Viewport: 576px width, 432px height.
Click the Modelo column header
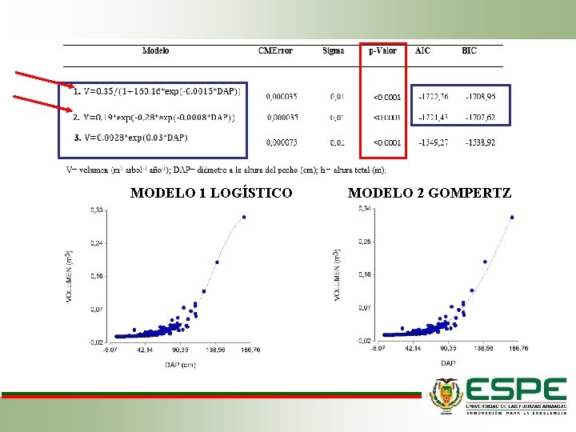click(x=155, y=51)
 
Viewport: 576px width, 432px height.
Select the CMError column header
click(x=274, y=51)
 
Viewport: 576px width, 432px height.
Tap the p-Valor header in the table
click(x=383, y=51)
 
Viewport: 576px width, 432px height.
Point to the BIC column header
click(x=469, y=51)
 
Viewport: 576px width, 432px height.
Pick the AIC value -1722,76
click(x=433, y=97)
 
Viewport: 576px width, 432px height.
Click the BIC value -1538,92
click(x=480, y=143)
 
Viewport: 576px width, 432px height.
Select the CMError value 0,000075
click(x=282, y=143)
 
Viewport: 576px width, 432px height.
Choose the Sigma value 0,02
click(x=338, y=143)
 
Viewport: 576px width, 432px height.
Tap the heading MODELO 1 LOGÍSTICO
click(x=211, y=193)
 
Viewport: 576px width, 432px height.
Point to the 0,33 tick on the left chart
click(x=96, y=210)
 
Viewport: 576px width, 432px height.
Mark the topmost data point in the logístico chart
click(x=244, y=217)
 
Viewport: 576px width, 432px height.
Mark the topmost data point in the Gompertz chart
click(x=511, y=217)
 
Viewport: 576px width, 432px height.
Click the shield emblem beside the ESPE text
click(x=446, y=395)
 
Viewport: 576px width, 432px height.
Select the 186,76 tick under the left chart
click(x=250, y=350)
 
